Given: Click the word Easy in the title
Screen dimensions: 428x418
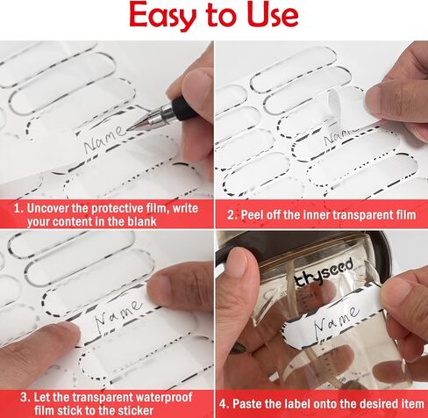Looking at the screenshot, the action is point(162,16).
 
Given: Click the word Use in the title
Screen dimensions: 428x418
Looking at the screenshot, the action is point(273,15).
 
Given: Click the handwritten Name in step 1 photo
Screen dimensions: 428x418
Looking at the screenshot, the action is point(104,138).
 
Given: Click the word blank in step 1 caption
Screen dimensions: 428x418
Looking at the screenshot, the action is point(142,221).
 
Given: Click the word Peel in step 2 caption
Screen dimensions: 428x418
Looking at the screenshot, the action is point(252,215).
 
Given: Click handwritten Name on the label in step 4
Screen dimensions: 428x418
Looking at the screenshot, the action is point(336,320).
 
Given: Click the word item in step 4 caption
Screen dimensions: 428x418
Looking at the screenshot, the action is point(413,404).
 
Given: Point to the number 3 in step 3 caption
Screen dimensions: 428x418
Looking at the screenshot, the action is point(24,398).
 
